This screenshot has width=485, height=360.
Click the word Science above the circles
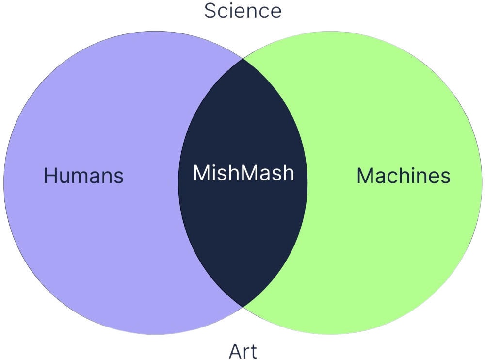tap(242, 11)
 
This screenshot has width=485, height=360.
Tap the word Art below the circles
tap(242, 351)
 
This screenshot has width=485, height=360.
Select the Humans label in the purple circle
tap(83, 175)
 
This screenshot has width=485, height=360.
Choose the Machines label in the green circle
tap(404, 176)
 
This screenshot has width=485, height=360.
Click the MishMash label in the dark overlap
tap(243, 173)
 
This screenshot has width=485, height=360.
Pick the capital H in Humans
tap(50, 175)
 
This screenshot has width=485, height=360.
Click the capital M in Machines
tap(365, 176)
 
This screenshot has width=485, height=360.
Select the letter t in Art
tap(253, 351)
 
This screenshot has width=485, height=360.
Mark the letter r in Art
tap(246, 353)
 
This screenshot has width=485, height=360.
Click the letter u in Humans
tap(66, 177)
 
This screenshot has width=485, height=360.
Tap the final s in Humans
tap(119, 177)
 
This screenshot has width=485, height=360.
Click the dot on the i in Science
tap(231, 4)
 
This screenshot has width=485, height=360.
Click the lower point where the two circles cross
tap(242, 307)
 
